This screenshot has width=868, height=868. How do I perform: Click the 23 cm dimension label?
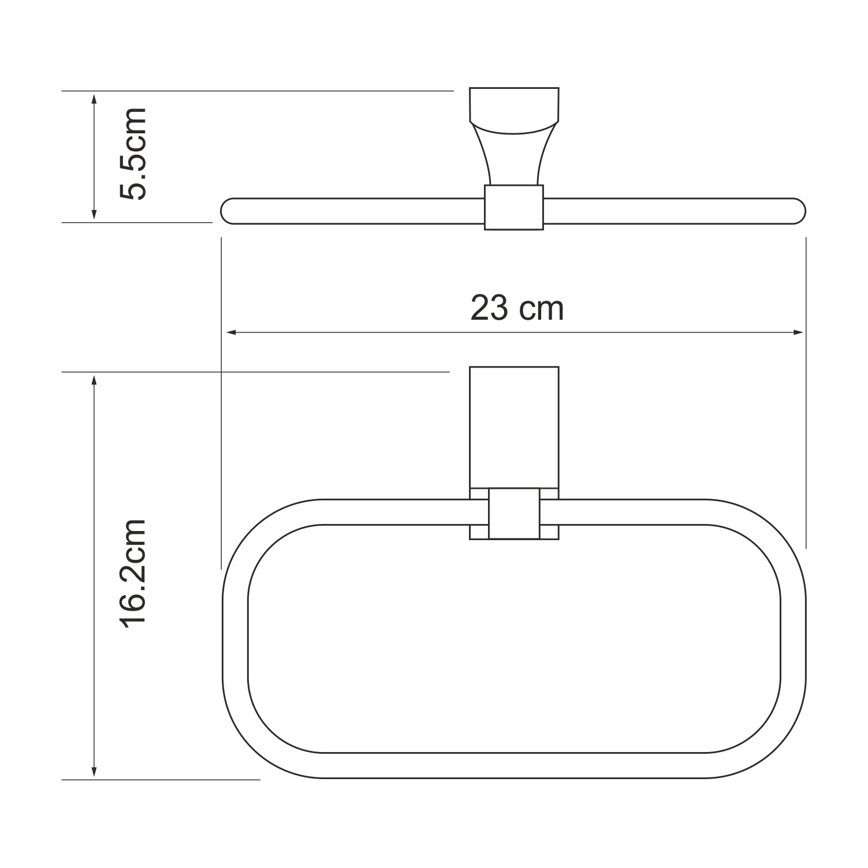(x=516, y=308)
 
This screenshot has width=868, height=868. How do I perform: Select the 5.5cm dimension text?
(x=133, y=154)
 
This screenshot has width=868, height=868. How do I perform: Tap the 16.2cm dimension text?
(x=133, y=573)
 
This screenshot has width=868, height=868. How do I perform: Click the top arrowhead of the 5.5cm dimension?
(x=94, y=98)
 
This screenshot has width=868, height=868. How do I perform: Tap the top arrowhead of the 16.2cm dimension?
(x=94, y=380)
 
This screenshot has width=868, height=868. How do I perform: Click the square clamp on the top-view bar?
(x=513, y=208)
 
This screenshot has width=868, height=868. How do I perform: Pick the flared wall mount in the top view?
(x=513, y=139)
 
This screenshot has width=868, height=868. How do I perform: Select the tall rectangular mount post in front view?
(x=513, y=427)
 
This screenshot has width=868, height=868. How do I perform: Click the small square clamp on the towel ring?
(x=514, y=513)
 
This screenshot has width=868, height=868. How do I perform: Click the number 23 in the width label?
(x=489, y=308)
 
